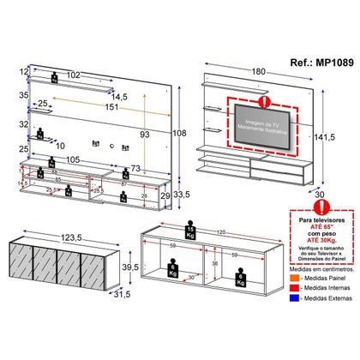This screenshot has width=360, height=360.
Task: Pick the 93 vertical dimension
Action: (x=147, y=135)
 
